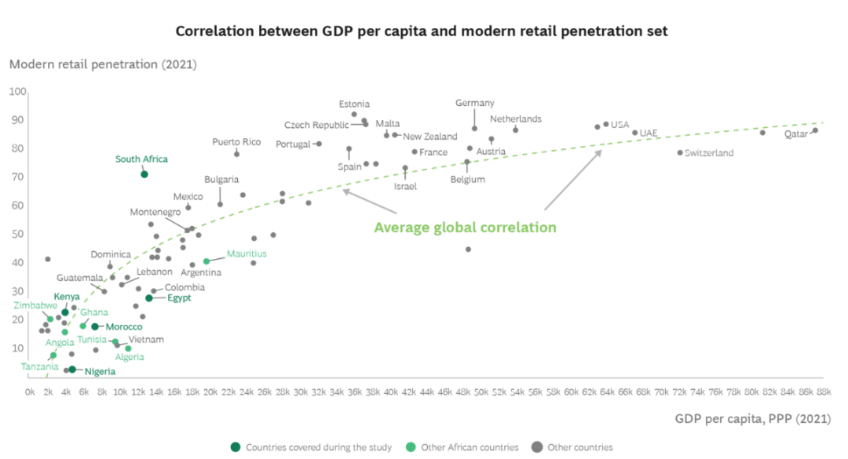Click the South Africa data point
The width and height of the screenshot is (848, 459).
click(x=144, y=174)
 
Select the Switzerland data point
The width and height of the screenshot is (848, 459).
click(x=680, y=152)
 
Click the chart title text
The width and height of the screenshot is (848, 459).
click(x=422, y=31)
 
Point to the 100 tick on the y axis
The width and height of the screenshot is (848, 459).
click(x=17, y=92)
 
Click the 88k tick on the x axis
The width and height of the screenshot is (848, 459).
click(x=824, y=391)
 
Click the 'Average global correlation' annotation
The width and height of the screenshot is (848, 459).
click(x=465, y=228)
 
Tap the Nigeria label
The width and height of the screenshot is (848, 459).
click(x=100, y=372)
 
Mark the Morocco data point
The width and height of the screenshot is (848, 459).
click(x=95, y=326)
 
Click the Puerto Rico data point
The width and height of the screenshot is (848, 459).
click(x=236, y=154)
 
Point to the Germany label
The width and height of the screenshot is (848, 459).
click(x=475, y=103)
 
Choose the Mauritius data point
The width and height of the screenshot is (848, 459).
click(x=207, y=261)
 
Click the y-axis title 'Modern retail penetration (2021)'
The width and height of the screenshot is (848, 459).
click(x=103, y=64)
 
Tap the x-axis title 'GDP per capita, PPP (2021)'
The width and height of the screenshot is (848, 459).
click(x=752, y=419)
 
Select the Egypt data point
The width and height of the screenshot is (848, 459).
click(x=149, y=298)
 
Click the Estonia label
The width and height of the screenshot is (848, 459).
click(x=354, y=104)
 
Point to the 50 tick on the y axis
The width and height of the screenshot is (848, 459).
click(x=17, y=234)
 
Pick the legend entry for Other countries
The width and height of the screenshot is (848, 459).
click(x=574, y=447)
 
